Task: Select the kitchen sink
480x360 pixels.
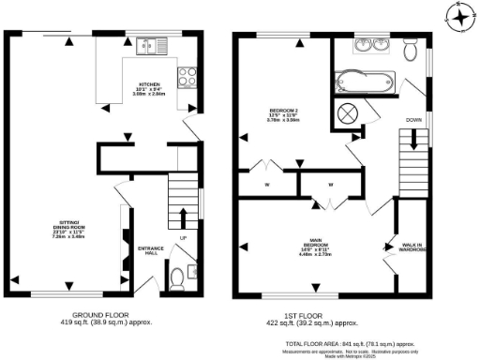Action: point(149,43)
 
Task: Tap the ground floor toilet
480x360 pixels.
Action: point(178,277)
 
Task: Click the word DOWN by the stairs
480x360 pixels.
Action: point(413,121)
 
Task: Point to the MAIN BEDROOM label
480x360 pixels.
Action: point(316,243)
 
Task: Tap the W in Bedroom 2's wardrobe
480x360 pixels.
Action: point(267,184)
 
